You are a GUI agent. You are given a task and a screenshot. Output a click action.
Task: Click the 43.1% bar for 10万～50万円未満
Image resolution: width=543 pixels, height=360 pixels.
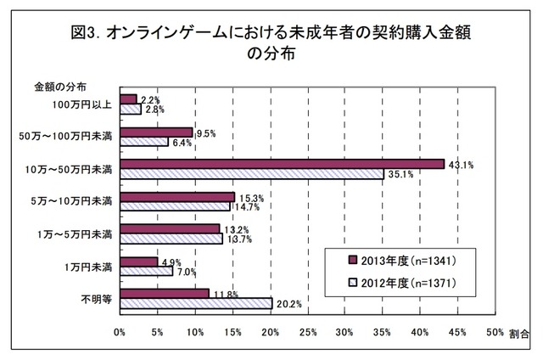point(283,164)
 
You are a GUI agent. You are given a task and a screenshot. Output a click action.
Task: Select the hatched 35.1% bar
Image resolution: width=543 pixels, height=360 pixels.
point(252,174)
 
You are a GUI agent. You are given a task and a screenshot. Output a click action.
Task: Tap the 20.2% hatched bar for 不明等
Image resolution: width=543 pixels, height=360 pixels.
point(196,303)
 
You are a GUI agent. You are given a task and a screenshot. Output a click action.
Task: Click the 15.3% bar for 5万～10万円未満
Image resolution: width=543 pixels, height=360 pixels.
point(178,197)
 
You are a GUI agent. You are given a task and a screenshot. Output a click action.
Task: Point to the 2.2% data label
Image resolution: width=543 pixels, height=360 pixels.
point(149,99)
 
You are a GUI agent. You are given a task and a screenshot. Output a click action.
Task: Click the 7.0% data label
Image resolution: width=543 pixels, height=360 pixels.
point(186,272)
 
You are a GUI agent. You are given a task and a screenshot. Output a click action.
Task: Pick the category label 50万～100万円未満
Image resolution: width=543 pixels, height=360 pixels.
point(71,136)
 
